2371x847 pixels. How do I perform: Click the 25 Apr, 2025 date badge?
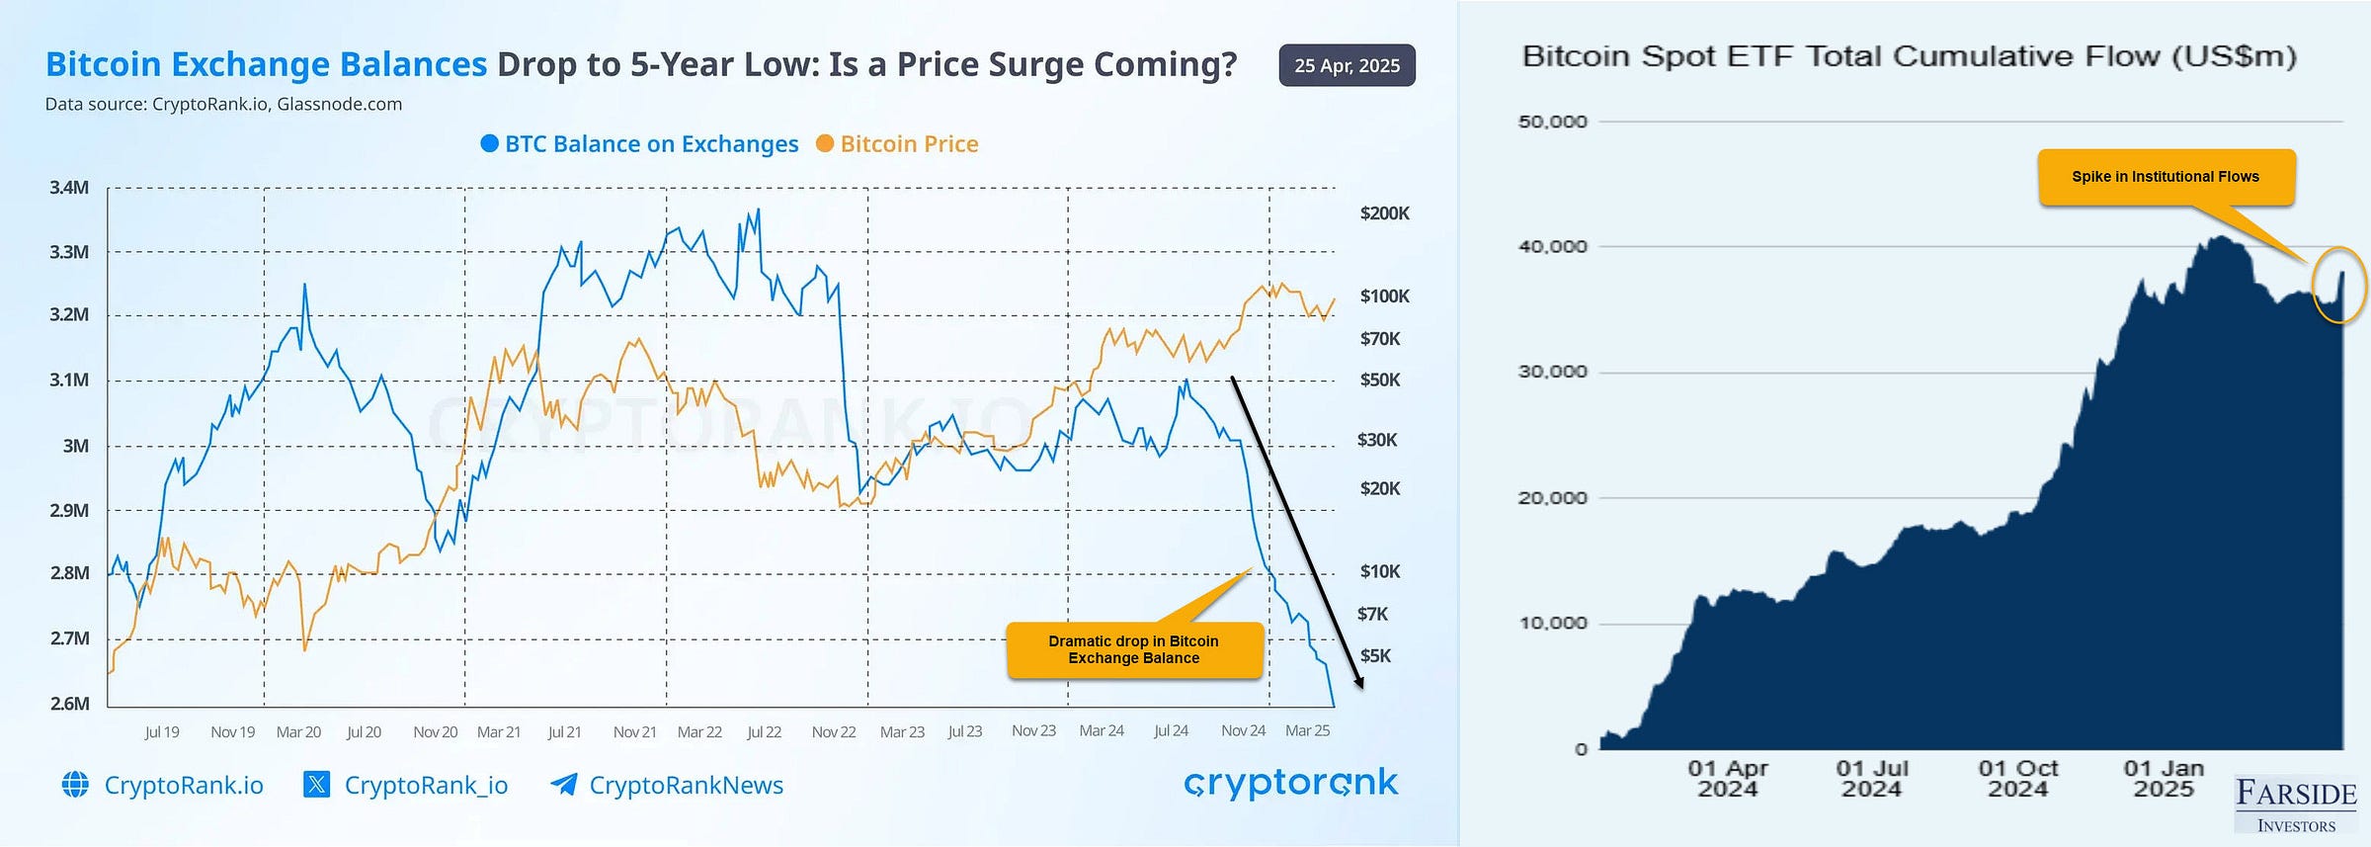pyautogui.click(x=1347, y=65)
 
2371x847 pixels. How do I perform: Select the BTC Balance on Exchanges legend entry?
pyautogui.click(x=639, y=144)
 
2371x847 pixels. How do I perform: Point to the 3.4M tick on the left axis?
pyautogui.click(x=69, y=188)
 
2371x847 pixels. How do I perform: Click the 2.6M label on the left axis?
pyautogui.click(x=69, y=704)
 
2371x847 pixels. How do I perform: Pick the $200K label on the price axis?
pyautogui.click(x=1384, y=213)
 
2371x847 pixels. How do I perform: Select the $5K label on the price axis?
pyautogui.click(x=1375, y=656)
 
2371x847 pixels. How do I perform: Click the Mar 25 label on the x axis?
pyautogui.click(x=1307, y=731)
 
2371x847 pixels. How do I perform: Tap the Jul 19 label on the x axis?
pyautogui.click(x=162, y=732)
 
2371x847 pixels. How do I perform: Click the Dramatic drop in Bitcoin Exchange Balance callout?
pyautogui.click(x=1134, y=650)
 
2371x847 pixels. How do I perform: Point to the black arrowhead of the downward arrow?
pyautogui.click(x=1359, y=682)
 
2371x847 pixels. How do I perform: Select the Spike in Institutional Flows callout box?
pyautogui.click(x=2166, y=177)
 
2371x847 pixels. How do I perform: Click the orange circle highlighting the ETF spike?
pyautogui.click(x=2339, y=285)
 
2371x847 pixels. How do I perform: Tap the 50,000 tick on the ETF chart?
pyautogui.click(x=1552, y=122)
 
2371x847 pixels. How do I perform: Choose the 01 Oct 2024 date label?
pyautogui.click(x=2017, y=779)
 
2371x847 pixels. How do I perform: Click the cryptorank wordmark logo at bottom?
pyautogui.click(x=1290, y=784)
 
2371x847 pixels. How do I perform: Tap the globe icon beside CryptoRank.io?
pyautogui.click(x=75, y=785)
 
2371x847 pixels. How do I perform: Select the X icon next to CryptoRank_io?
pyautogui.click(x=316, y=785)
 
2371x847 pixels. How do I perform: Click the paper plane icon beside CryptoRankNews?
pyautogui.click(x=563, y=785)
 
